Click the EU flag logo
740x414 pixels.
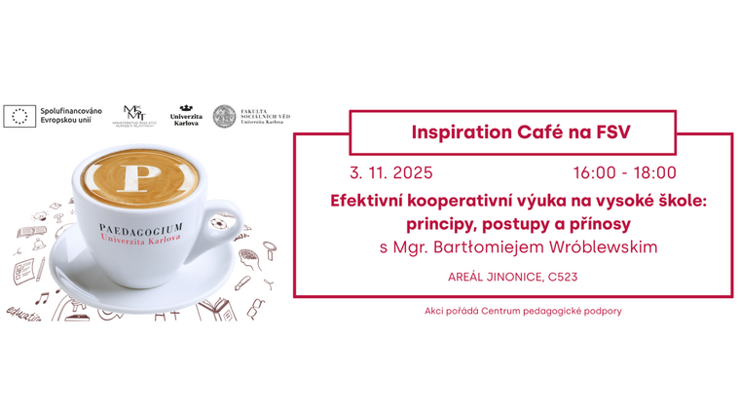pyautogui.click(x=18, y=116)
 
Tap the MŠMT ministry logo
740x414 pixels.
pyautogui.click(x=137, y=115)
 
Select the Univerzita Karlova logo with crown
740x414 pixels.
pyautogui.click(x=185, y=115)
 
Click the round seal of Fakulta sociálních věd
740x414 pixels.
pyautogui.click(x=224, y=116)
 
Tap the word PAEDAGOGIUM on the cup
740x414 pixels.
pyautogui.click(x=142, y=229)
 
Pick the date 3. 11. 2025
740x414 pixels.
pyautogui.click(x=390, y=173)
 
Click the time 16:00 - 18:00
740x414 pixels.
pyautogui.click(x=624, y=173)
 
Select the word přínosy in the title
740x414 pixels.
pyautogui.click(x=599, y=224)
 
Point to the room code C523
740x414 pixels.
pyautogui.click(x=562, y=278)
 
